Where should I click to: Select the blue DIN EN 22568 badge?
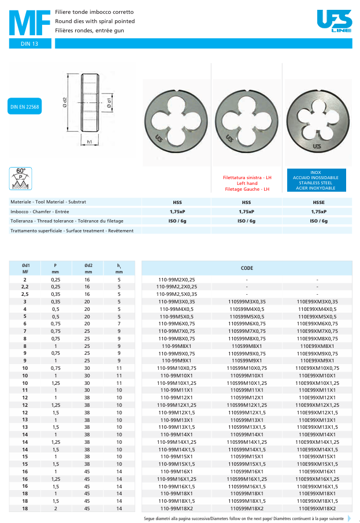pos(25,107)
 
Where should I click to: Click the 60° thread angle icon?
pos(21,178)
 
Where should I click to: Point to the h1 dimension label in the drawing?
pos(90,142)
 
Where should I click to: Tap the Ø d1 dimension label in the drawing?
pos(109,105)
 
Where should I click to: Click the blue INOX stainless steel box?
pos(316,180)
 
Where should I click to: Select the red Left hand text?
pos(247,183)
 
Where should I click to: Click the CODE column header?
pos(247,268)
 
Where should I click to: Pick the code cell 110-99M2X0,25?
pos(176,279)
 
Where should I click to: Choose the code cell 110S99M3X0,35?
pos(247,302)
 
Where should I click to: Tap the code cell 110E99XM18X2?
pos(317,509)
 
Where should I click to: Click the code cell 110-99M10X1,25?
pos(177,383)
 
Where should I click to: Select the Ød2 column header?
pos(88,268)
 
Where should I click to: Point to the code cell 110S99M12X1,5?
pos(247,413)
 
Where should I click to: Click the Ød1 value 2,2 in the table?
pos(25,287)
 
